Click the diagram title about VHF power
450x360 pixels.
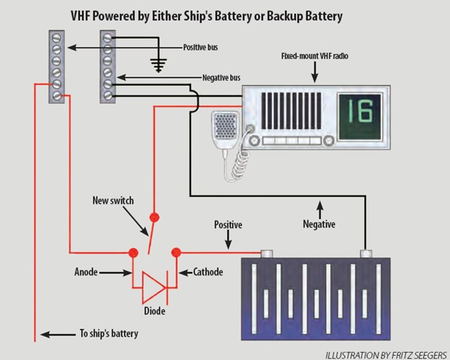point(216,15)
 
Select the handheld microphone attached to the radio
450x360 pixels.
point(229,131)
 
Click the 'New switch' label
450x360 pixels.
point(113,199)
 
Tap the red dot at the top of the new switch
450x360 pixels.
point(153,216)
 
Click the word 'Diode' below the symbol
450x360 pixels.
point(153,311)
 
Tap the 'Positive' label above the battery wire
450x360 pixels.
point(227,225)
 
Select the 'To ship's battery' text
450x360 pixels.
point(108,334)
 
